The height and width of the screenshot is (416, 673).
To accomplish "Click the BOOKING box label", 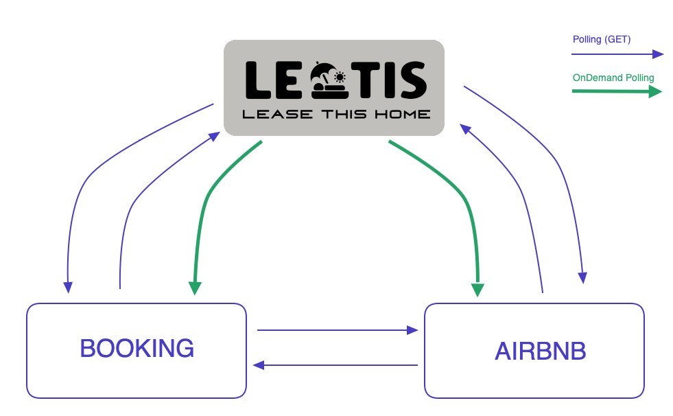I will pyautogui.click(x=137, y=349).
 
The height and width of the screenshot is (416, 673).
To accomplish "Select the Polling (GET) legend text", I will pyautogui.click(x=601, y=40).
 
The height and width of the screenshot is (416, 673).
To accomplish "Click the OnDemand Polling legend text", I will pyautogui.click(x=613, y=78).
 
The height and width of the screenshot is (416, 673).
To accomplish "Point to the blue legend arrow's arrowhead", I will pyautogui.click(x=657, y=55).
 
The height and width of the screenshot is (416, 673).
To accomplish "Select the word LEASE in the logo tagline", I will pyautogui.click(x=270, y=114).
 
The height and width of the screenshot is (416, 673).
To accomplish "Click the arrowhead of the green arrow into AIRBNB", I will pyautogui.click(x=478, y=289).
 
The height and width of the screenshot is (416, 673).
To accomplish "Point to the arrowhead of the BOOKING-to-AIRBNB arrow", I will pyautogui.click(x=412, y=330).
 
